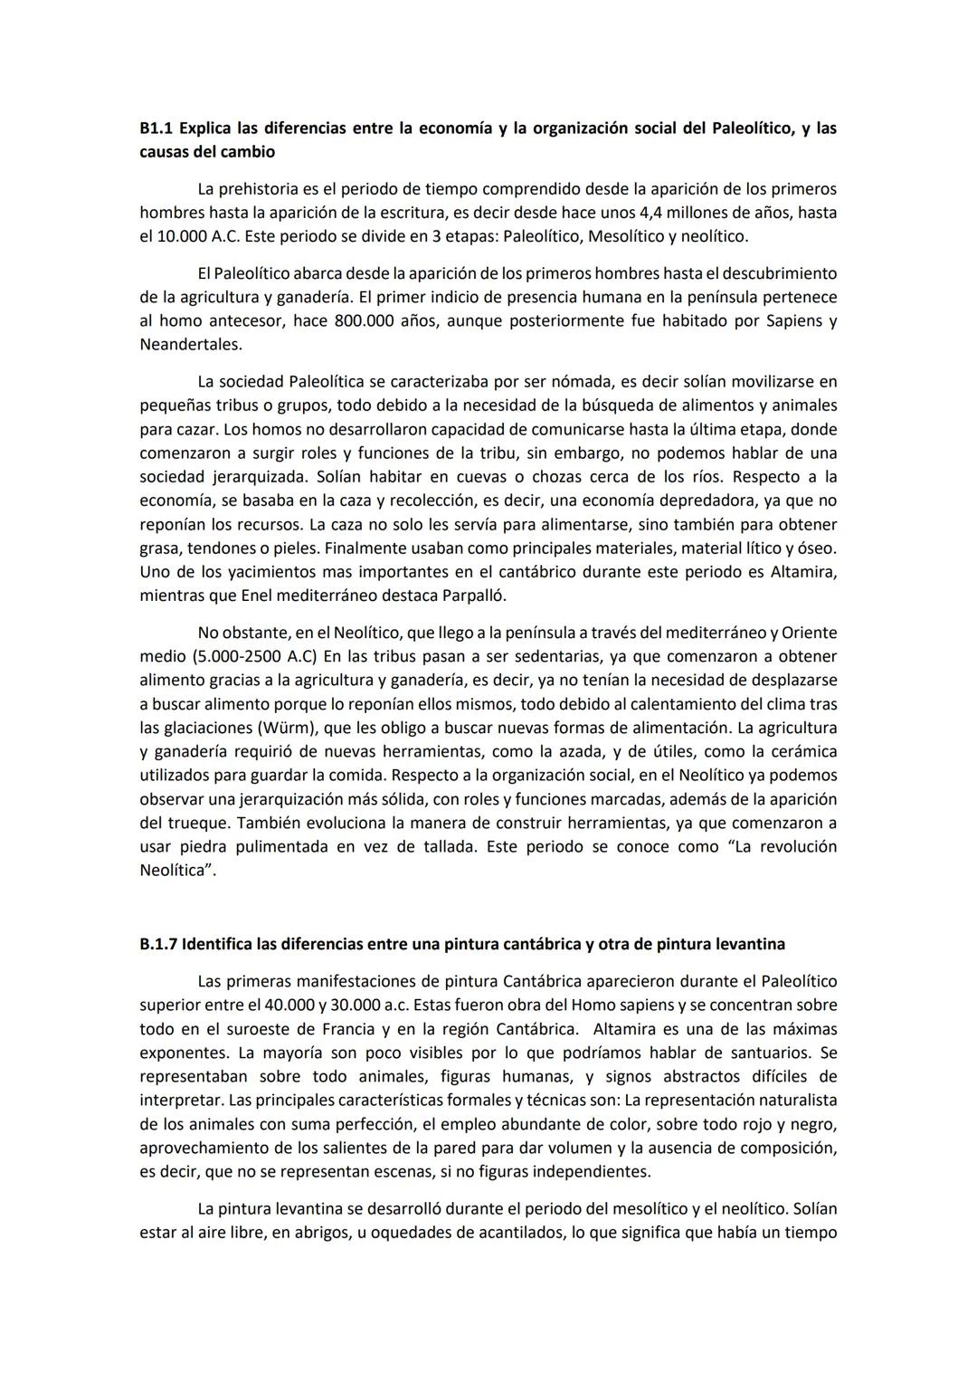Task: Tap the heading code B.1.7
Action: (x=159, y=944)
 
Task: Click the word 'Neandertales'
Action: (x=191, y=345)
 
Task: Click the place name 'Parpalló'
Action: (x=474, y=596)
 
